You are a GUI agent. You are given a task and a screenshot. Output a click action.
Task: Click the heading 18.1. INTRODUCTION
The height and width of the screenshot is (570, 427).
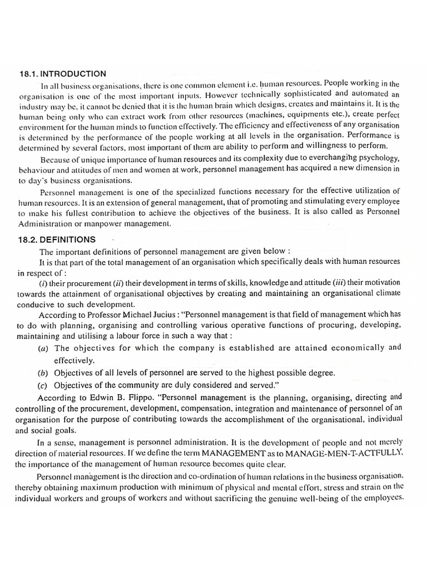tap(61, 73)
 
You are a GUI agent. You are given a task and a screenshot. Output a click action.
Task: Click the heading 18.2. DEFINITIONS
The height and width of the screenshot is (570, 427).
tap(57, 239)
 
